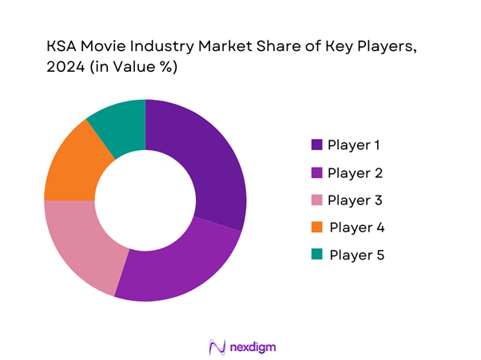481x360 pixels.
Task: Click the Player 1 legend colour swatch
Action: pyautogui.click(x=316, y=144)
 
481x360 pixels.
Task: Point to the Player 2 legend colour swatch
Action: pyautogui.click(x=316, y=172)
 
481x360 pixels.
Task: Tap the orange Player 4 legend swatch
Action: pyautogui.click(x=316, y=227)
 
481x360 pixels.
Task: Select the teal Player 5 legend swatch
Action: pyautogui.click(x=316, y=254)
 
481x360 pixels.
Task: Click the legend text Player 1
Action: pyautogui.click(x=354, y=144)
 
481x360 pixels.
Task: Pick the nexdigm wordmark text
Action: pyautogui.click(x=253, y=347)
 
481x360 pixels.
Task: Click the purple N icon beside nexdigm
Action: pyautogui.click(x=214, y=347)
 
